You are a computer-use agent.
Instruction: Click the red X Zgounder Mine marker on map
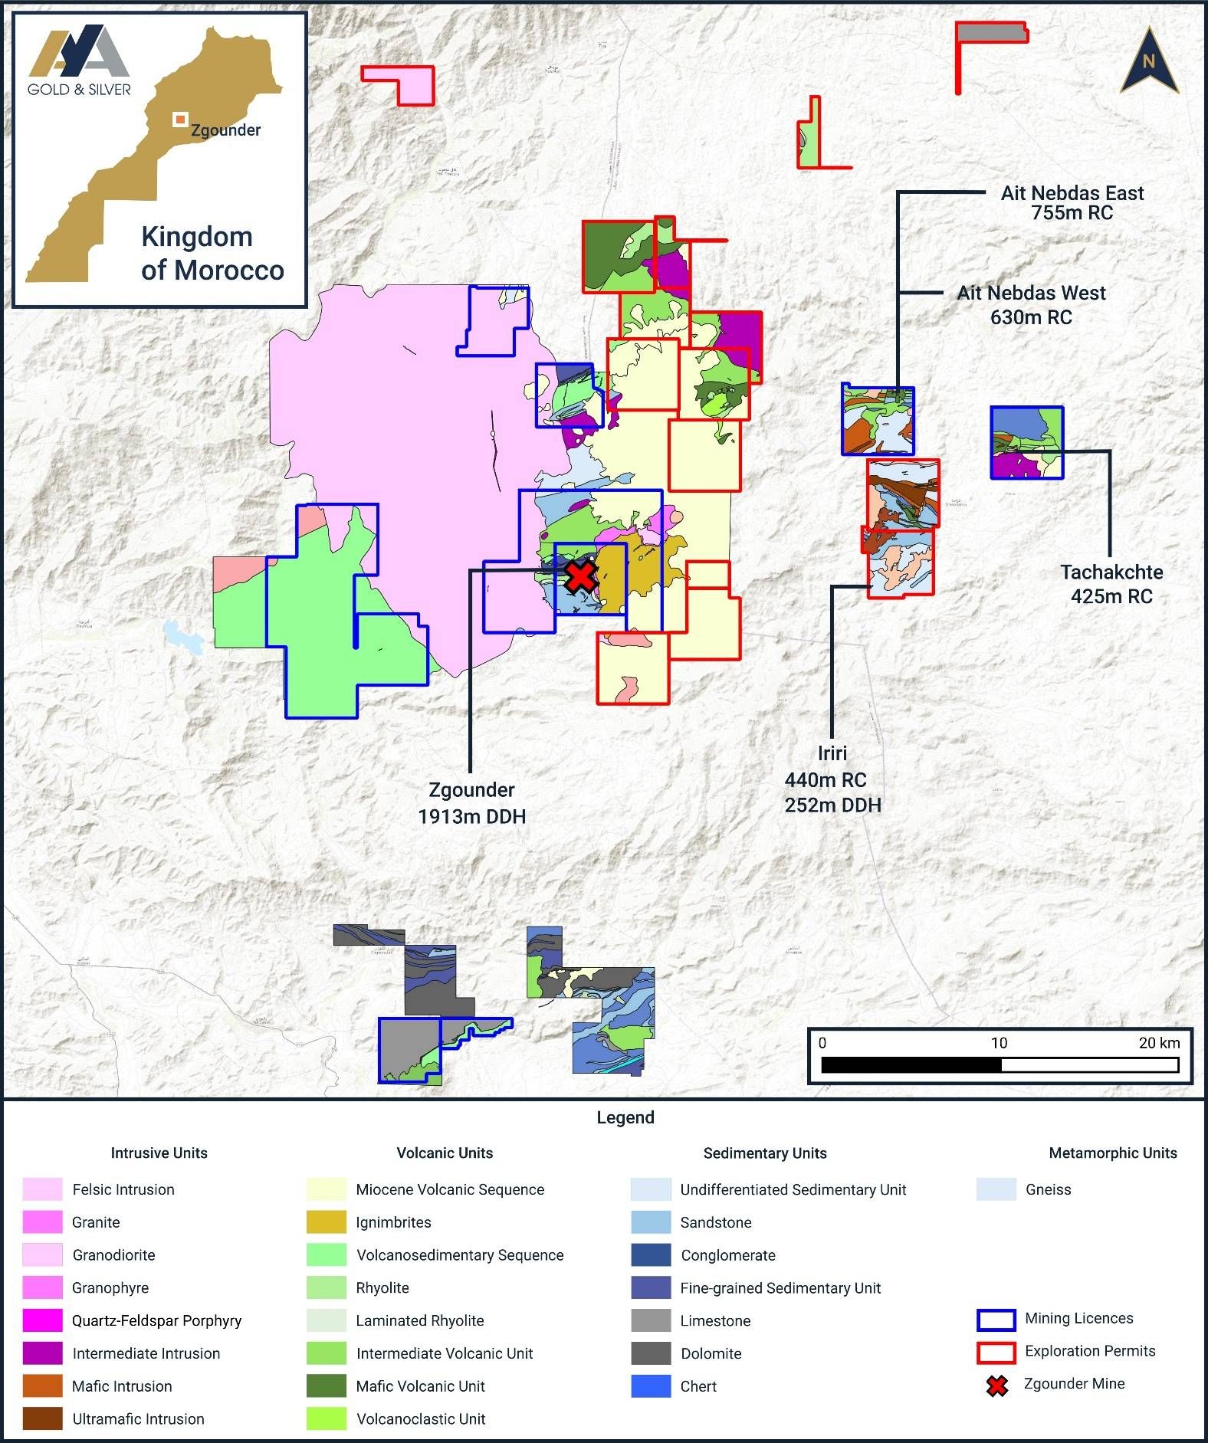tap(581, 576)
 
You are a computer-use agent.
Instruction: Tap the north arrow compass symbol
tap(1148, 61)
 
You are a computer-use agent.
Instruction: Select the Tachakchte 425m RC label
tap(1111, 584)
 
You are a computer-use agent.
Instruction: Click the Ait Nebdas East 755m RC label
tap(1072, 203)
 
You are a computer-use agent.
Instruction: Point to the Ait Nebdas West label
tap(1031, 294)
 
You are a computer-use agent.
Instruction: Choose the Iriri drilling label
tap(832, 779)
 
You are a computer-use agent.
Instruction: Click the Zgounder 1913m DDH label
tap(471, 803)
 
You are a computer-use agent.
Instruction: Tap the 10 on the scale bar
tap(999, 1043)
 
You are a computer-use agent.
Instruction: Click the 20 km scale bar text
tap(1159, 1043)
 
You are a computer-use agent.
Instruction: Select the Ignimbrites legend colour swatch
tap(327, 1222)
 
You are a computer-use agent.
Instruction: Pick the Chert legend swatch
tap(651, 1386)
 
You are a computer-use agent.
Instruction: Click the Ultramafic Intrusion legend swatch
tap(42, 1418)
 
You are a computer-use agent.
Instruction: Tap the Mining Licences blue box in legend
tap(996, 1319)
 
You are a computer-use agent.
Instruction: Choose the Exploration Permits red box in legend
tap(996, 1352)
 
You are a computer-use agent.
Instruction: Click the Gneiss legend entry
tap(1048, 1189)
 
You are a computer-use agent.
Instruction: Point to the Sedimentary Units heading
tap(764, 1153)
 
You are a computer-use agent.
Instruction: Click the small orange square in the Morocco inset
tap(180, 119)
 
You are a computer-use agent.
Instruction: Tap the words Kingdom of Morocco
tap(212, 254)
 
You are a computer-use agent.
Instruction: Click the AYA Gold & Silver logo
tap(79, 61)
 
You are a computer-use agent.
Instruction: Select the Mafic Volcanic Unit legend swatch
tap(327, 1386)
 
